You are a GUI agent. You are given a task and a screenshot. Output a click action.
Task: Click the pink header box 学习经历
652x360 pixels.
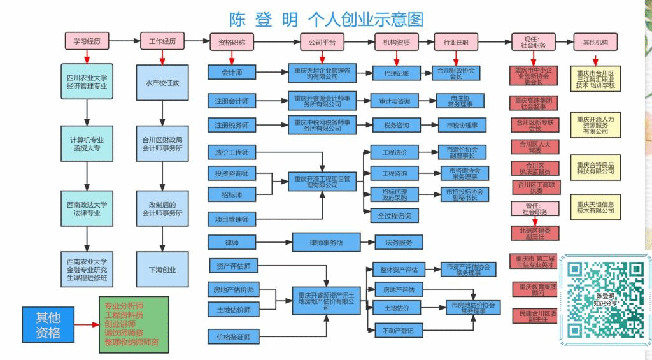click(86, 41)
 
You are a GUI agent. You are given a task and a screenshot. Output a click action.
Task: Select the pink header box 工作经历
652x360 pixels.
click(162, 41)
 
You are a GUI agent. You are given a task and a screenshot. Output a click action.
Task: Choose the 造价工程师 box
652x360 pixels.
click(232, 153)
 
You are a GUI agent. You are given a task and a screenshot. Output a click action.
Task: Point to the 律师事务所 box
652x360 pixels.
click(326, 243)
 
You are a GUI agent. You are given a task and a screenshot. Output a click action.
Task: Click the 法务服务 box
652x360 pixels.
click(399, 243)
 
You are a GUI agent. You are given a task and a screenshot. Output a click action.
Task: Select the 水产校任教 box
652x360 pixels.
click(162, 83)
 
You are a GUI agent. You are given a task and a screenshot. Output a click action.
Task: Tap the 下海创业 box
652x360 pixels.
click(162, 270)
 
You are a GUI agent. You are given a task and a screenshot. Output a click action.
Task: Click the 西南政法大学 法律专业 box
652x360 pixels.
click(87, 208)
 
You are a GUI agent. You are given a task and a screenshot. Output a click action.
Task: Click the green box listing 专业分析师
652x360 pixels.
click(134, 324)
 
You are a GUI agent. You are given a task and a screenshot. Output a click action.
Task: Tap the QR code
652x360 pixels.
click(604, 299)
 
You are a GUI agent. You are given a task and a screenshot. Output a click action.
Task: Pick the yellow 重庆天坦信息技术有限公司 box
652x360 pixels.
click(595, 206)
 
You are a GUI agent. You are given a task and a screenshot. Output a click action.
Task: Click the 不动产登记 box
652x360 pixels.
click(399, 330)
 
